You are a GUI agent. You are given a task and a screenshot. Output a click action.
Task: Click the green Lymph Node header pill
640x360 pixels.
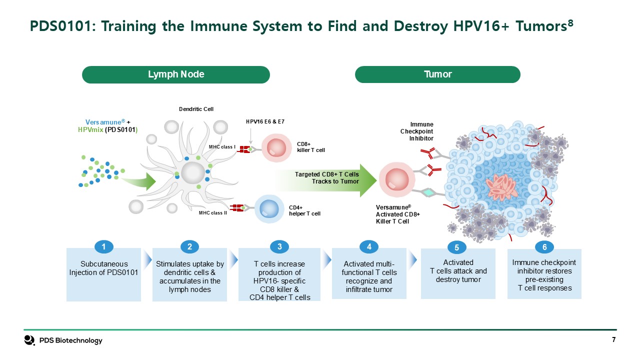tap(176, 74)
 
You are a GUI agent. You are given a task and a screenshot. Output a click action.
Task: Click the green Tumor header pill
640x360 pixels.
tap(437, 74)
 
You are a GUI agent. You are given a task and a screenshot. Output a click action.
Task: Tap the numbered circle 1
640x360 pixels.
tap(103, 246)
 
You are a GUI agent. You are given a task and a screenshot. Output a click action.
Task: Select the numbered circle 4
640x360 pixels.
tap(369, 246)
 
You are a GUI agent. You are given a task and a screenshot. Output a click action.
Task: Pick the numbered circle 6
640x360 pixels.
tap(544, 247)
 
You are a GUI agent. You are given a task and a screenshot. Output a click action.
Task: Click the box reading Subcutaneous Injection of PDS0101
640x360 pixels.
tap(104, 273)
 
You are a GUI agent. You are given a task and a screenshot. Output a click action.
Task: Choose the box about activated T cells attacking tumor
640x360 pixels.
tap(458, 273)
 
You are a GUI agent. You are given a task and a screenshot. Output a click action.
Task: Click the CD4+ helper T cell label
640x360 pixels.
tap(304, 210)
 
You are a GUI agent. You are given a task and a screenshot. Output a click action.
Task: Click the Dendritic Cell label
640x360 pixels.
tap(196, 109)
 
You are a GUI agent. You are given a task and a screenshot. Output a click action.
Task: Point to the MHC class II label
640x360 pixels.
tap(213, 213)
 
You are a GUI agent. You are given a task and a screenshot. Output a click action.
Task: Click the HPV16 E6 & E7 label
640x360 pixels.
tap(265, 121)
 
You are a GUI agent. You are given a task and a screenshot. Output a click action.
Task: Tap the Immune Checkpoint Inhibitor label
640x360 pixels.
tap(421, 131)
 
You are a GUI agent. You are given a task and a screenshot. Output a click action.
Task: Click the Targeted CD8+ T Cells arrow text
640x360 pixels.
tap(327, 177)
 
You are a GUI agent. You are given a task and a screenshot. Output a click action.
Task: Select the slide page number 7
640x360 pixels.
tap(613, 340)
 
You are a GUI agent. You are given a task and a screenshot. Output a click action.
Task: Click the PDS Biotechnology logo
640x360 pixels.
tap(63, 340)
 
